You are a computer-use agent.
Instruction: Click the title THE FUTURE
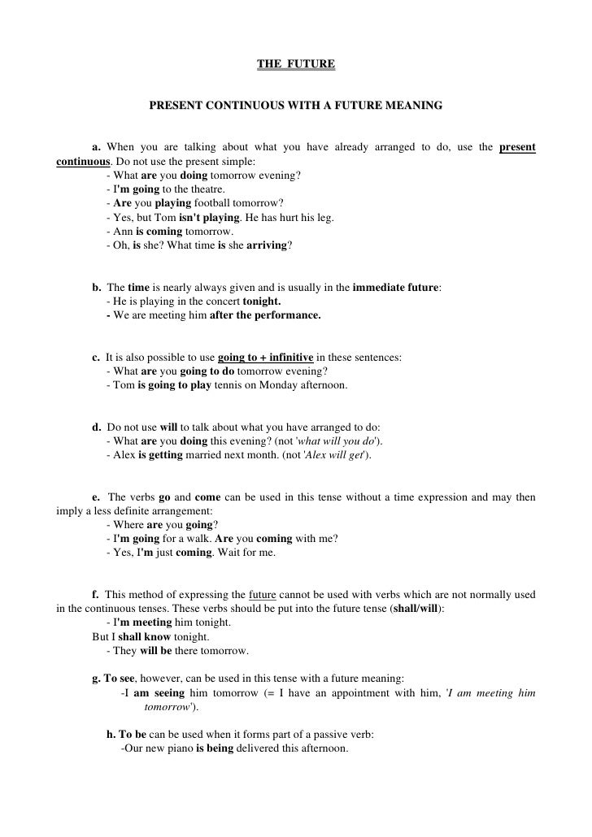[x=295, y=63]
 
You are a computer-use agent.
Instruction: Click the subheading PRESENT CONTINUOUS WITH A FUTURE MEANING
[x=296, y=106]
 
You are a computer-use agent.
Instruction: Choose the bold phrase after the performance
[x=265, y=315]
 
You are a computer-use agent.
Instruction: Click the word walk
[x=189, y=540]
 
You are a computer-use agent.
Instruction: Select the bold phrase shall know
[x=144, y=638]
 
